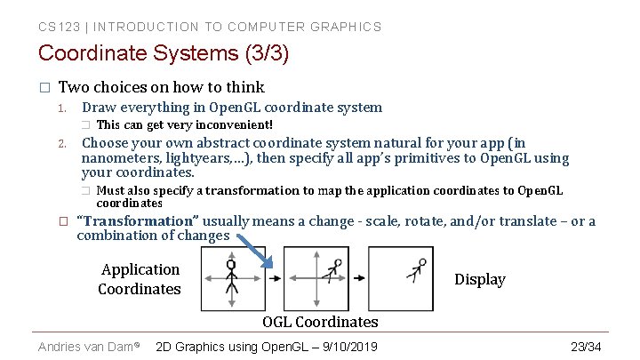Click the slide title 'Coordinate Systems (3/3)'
click(164, 53)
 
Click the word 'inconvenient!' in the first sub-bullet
click(232, 125)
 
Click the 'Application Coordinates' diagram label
click(140, 279)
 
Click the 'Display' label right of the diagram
click(479, 279)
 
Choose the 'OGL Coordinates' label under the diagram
click(320, 322)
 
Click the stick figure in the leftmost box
click(231, 276)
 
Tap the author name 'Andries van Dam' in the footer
click(85, 346)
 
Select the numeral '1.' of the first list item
click(62, 108)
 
